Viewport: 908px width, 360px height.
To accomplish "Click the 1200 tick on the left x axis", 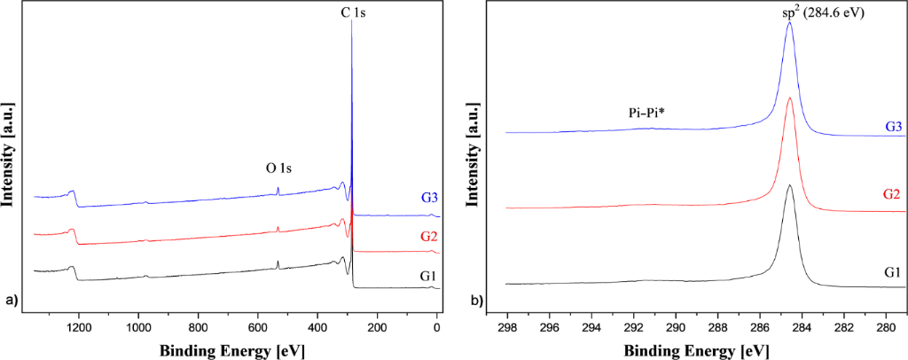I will (x=79, y=326).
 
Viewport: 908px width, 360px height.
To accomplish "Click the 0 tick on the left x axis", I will (x=437, y=326).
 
